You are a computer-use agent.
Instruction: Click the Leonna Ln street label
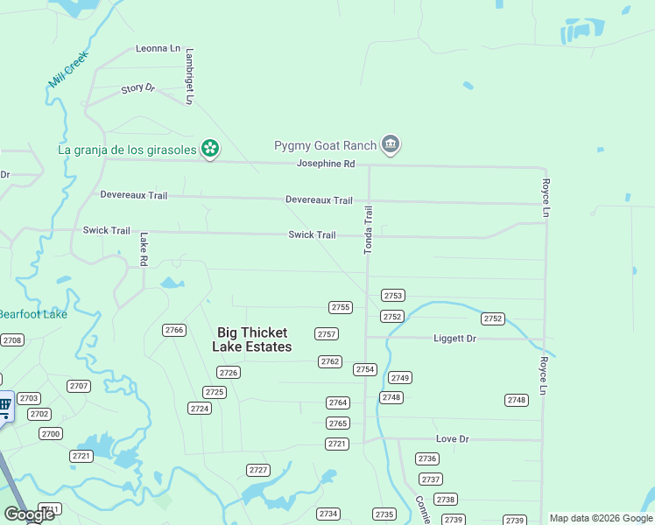pyautogui.click(x=158, y=49)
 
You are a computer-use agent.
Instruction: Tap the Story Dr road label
pyautogui.click(x=137, y=88)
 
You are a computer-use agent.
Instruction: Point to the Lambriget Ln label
pyautogui.click(x=188, y=76)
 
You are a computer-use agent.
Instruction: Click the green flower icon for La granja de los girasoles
pyautogui.click(x=210, y=149)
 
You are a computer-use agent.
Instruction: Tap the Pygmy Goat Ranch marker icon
pyautogui.click(x=391, y=145)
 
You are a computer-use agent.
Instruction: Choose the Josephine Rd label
pyautogui.click(x=326, y=164)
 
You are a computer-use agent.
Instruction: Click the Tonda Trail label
pyautogui.click(x=369, y=230)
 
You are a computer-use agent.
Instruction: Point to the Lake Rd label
pyautogui.click(x=144, y=249)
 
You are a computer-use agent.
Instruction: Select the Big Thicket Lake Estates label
pyautogui.click(x=252, y=339)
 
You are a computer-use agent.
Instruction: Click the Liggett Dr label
pyautogui.click(x=454, y=338)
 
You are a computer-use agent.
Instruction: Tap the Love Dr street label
pyautogui.click(x=453, y=438)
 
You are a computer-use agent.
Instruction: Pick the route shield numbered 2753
pyautogui.click(x=393, y=296)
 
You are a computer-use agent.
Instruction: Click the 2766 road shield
pyautogui.click(x=174, y=330)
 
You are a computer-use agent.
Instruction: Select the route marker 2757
pyautogui.click(x=327, y=334)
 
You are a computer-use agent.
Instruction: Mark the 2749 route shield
pyautogui.click(x=400, y=378)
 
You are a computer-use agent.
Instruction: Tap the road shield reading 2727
pyautogui.click(x=258, y=470)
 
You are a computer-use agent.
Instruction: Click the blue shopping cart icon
pyautogui.click(x=4, y=404)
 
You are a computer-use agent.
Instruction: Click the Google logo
pyautogui.click(x=29, y=514)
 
